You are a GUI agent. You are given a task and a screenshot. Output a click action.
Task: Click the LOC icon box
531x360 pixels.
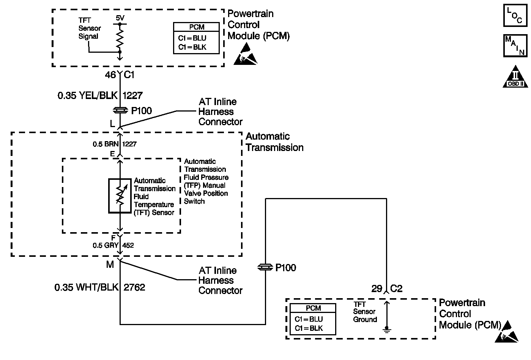click(515, 16)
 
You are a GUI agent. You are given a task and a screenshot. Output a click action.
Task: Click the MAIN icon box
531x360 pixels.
click(515, 45)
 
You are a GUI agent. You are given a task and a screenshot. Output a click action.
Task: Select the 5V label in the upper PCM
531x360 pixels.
click(120, 18)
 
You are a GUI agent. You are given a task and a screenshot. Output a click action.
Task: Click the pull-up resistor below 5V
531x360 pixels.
click(120, 38)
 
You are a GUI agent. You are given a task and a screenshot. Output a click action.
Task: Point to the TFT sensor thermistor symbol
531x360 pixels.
click(120, 196)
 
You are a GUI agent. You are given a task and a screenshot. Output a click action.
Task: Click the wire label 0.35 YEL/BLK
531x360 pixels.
click(88, 96)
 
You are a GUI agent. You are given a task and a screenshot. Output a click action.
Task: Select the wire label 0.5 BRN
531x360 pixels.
click(106, 144)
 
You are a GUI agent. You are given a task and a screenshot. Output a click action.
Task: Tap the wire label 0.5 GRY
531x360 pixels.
click(106, 245)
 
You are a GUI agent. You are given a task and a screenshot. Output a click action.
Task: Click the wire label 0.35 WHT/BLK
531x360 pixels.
click(87, 287)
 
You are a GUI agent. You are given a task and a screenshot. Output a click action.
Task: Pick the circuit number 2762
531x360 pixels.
click(134, 287)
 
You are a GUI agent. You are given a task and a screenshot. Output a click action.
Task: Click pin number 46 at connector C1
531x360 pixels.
click(110, 75)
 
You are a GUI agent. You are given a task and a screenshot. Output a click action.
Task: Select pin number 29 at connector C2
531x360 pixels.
click(377, 289)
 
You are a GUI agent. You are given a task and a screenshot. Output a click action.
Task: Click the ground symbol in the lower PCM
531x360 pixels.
click(386, 329)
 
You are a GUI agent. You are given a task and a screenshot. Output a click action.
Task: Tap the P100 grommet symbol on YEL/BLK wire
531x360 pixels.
click(120, 111)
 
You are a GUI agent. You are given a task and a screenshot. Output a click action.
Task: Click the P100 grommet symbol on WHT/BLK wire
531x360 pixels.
click(265, 267)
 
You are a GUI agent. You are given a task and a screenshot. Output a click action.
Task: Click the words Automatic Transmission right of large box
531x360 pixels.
click(274, 142)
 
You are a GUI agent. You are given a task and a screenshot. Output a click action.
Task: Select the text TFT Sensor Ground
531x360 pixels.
click(365, 312)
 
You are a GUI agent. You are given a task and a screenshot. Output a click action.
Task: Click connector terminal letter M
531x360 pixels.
click(110, 264)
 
